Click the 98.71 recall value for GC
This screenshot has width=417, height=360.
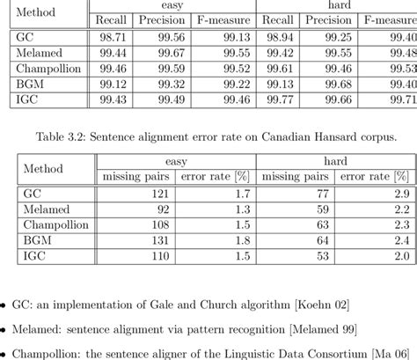click(116, 37)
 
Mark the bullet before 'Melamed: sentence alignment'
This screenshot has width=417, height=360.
click(5, 328)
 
